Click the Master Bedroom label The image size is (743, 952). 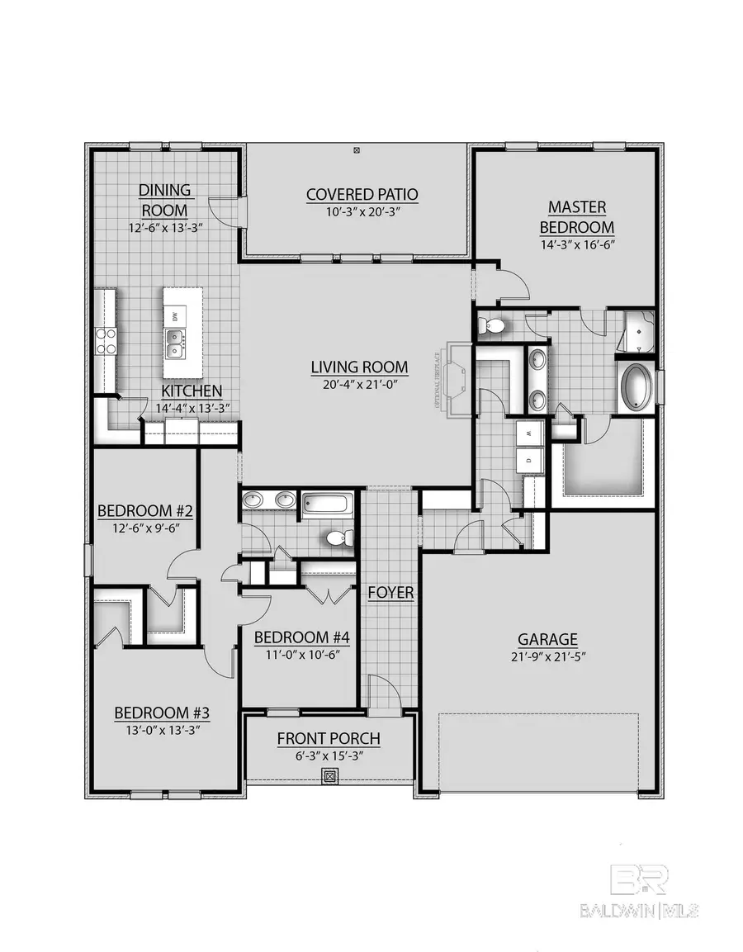[x=577, y=216]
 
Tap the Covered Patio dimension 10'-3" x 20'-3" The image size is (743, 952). [x=362, y=212]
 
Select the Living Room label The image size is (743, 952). [x=359, y=367]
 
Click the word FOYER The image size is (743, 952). [x=391, y=593]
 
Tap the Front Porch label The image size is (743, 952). [x=329, y=738]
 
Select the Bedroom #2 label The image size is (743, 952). [x=145, y=509]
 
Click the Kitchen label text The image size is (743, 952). [x=191, y=391]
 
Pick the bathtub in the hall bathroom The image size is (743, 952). [x=328, y=503]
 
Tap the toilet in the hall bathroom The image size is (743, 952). [x=339, y=538]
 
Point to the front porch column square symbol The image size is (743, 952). [x=329, y=776]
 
